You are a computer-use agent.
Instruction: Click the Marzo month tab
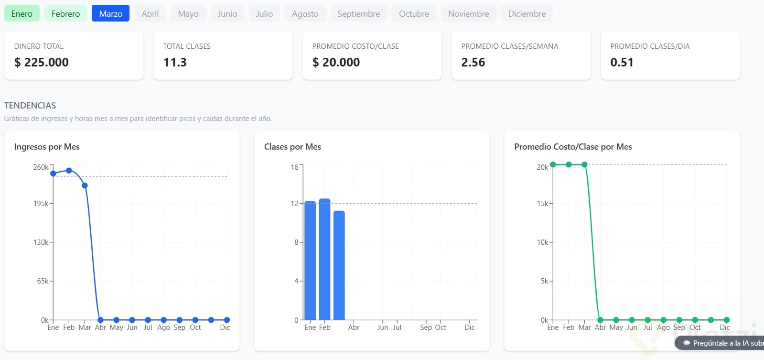click(x=110, y=13)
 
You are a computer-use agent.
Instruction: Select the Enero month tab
click(x=22, y=13)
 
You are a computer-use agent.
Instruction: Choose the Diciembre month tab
click(x=527, y=13)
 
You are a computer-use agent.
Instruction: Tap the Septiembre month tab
click(x=358, y=13)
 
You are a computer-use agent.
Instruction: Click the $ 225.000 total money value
click(x=42, y=62)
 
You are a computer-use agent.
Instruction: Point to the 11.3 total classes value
click(x=175, y=62)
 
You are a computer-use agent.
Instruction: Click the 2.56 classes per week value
click(x=473, y=62)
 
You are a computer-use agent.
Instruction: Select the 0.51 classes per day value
click(x=622, y=62)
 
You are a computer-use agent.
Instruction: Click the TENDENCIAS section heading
click(x=30, y=105)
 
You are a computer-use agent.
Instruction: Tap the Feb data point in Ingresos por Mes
click(x=69, y=171)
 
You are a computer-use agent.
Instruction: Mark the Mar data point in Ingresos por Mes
click(x=85, y=185)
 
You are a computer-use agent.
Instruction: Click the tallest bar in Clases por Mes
click(x=324, y=258)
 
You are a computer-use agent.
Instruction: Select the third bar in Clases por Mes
click(x=339, y=265)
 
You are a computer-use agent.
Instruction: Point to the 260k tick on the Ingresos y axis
click(x=41, y=167)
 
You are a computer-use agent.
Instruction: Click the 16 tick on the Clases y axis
click(x=294, y=167)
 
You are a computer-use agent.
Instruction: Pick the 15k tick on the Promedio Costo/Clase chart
click(x=542, y=204)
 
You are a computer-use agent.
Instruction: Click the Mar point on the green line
click(x=584, y=164)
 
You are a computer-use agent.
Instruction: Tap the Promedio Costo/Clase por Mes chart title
click(x=573, y=147)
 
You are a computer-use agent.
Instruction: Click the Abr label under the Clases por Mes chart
click(x=354, y=327)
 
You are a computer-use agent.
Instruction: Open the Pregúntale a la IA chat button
click(x=721, y=343)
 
